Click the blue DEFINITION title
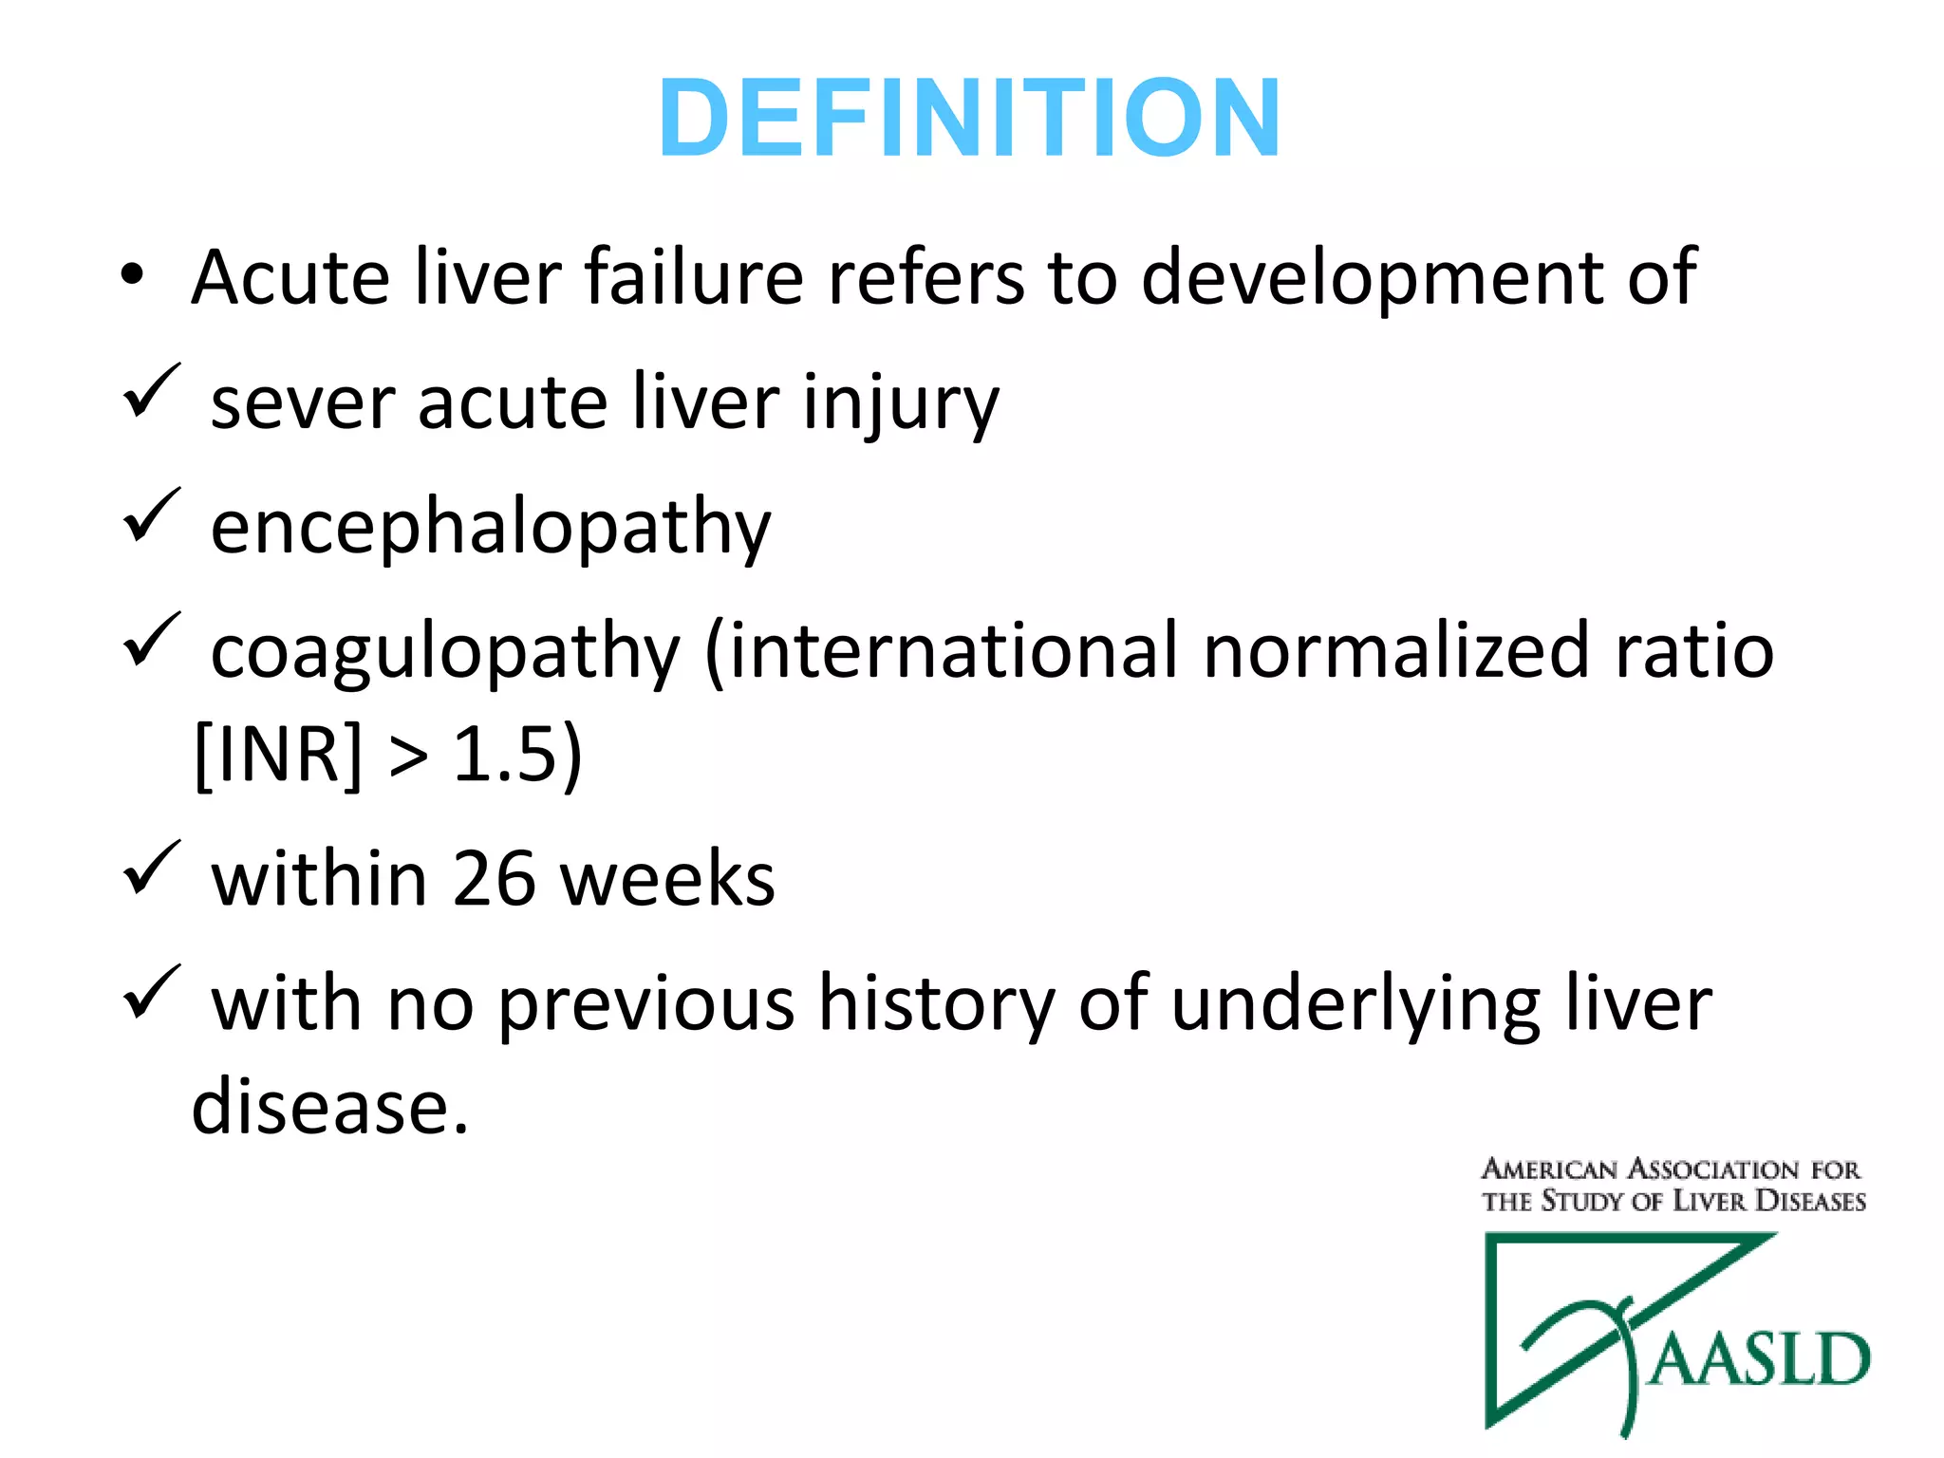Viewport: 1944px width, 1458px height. (x=969, y=118)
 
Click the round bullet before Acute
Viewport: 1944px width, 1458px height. (x=132, y=275)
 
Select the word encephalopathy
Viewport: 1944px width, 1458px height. (x=491, y=528)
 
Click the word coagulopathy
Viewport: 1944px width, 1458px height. (x=445, y=654)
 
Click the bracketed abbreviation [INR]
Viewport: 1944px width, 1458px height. (x=278, y=755)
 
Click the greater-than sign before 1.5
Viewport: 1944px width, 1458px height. (x=408, y=757)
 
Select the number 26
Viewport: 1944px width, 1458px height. (x=495, y=879)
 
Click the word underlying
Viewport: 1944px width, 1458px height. (x=1356, y=1006)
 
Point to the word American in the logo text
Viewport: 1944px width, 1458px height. (x=1549, y=1168)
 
